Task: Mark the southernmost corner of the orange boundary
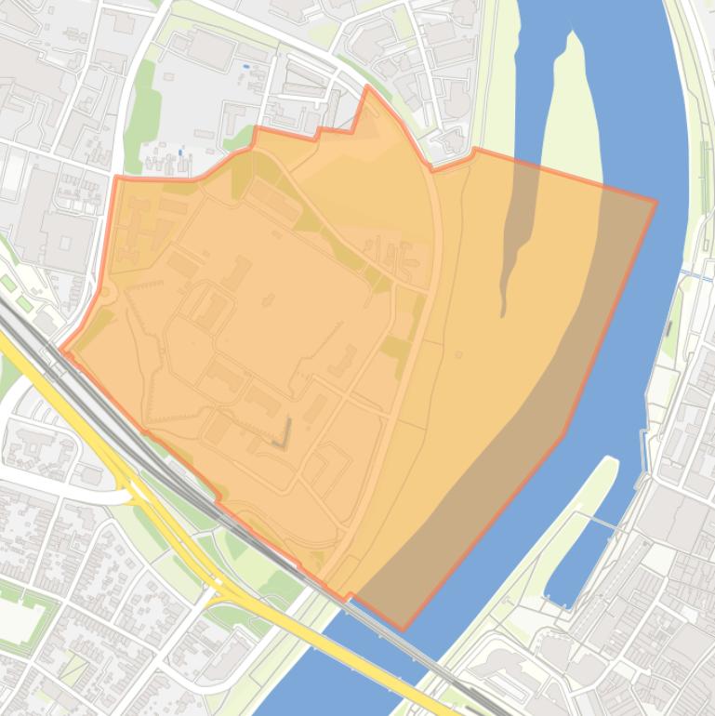[403, 629]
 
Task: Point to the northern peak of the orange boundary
[368, 87]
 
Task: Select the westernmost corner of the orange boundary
[62, 351]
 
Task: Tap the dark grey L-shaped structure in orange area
[284, 432]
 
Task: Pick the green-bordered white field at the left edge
[19, 614]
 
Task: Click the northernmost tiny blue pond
[245, 67]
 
